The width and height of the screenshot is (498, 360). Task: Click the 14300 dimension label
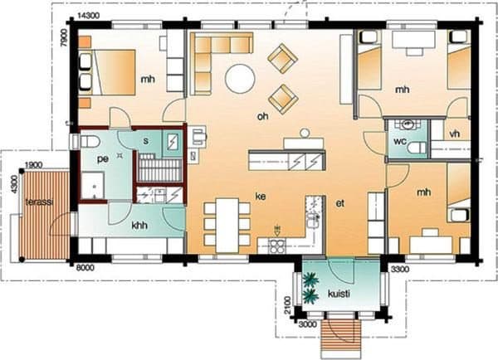[x=89, y=16]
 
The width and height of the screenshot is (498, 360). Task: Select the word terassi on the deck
[x=39, y=202]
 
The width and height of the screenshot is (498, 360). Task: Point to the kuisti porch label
[x=339, y=294]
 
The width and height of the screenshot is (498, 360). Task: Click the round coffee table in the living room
[x=240, y=79]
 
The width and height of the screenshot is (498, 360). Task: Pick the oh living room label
[x=262, y=116]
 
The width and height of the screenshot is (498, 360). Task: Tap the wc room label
[x=400, y=141]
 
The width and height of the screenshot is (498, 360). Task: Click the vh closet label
[x=455, y=134]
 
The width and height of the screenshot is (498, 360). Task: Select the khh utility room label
[x=139, y=226]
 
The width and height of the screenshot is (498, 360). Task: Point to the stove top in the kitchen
[x=277, y=246]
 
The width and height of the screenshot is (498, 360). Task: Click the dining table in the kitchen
[x=227, y=226]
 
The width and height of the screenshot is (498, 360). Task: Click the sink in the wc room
[x=408, y=124]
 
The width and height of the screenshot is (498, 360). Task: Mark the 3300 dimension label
[x=400, y=270]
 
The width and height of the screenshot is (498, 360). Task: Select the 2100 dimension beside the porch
[x=287, y=305]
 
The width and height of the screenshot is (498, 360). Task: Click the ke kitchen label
[x=261, y=197]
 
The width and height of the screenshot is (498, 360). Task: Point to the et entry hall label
[x=340, y=203]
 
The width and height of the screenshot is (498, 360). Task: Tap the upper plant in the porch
[x=310, y=280]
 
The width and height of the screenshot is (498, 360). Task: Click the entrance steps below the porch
[x=341, y=338]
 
